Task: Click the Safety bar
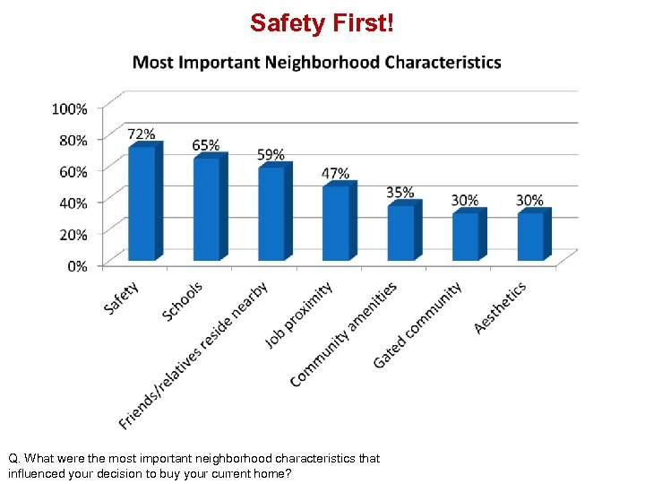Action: [x=142, y=203]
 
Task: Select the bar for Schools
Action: [x=207, y=209]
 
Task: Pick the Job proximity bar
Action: [x=336, y=223]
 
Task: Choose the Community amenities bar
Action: [x=400, y=233]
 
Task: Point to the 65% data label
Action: [x=206, y=145]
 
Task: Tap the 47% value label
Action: [x=336, y=173]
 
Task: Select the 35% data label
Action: [x=400, y=193]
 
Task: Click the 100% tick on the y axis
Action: [x=70, y=108]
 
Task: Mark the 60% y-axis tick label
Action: [x=73, y=171]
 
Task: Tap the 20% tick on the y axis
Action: [x=73, y=234]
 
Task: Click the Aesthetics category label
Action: [x=500, y=308]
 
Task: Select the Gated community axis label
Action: [x=417, y=324]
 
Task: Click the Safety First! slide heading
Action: [x=322, y=22]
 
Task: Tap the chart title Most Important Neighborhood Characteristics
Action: [x=317, y=63]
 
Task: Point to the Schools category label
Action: [x=184, y=301]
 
